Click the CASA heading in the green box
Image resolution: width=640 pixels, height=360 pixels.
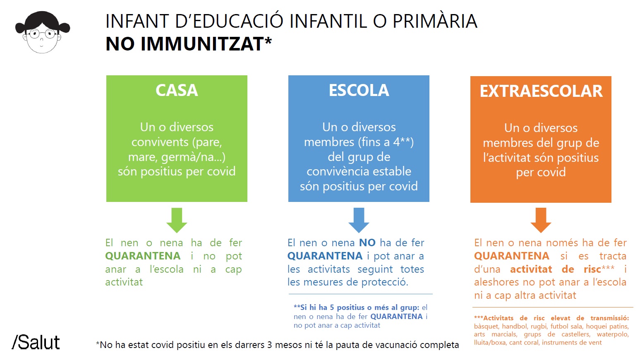177,90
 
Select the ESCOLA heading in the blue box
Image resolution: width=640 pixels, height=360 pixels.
359,90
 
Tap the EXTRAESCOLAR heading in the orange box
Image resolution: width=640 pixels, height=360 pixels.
541,91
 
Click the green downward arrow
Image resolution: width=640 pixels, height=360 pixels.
177,220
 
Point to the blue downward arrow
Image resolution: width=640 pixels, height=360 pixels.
359,220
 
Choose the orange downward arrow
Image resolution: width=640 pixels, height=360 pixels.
541,220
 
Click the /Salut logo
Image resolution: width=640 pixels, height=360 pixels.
36,342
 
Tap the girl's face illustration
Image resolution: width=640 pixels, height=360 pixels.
42,32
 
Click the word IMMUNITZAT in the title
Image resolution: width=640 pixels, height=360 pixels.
202,44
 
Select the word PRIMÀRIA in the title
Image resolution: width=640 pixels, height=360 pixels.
435,21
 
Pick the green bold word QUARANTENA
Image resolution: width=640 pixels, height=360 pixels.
143,256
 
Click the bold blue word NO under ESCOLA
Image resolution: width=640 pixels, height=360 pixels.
367,242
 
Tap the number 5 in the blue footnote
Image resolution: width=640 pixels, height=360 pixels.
332,307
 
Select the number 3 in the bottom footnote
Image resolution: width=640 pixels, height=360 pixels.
269,345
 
